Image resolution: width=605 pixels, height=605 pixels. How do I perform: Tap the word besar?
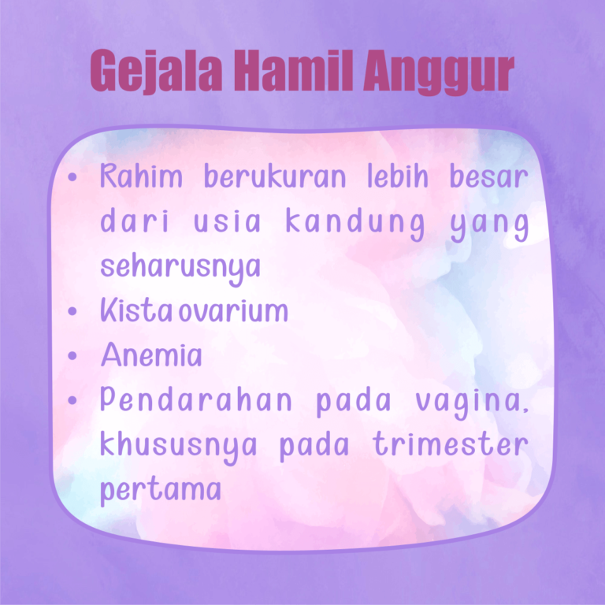click(x=488, y=177)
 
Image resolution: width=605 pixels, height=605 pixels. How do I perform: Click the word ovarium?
click(x=233, y=312)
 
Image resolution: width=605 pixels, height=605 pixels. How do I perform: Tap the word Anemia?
click(x=150, y=356)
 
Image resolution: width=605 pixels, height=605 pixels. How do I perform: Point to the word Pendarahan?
click(x=196, y=401)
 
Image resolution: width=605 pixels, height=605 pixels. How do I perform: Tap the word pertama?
click(x=160, y=491)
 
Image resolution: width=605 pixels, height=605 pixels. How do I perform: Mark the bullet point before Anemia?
click(x=73, y=357)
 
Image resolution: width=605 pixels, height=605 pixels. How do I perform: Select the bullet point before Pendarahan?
click(x=73, y=401)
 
